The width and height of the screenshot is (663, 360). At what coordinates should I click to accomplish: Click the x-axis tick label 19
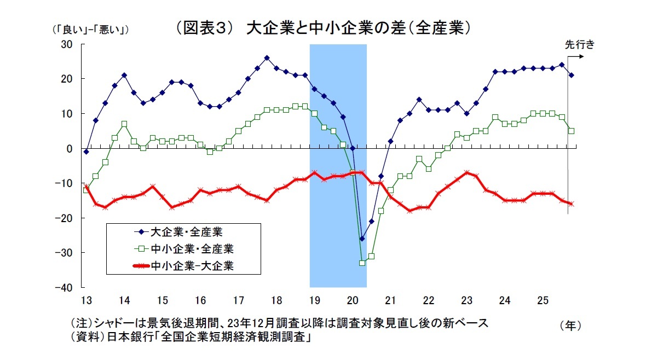tap(314, 300)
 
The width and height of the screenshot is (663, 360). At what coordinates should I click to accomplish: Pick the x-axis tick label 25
tap(543, 300)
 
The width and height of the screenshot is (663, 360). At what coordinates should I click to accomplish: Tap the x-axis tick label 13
tap(86, 300)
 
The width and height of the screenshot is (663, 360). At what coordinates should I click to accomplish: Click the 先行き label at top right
tap(579, 45)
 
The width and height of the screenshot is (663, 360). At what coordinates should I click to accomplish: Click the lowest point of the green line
tap(362, 263)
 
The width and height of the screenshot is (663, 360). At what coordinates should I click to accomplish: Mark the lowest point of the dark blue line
tap(362, 239)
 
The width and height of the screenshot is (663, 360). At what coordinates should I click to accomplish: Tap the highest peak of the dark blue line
tap(267, 57)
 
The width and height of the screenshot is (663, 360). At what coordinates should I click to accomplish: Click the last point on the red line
tap(571, 204)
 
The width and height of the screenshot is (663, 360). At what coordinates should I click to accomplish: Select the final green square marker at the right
tap(571, 131)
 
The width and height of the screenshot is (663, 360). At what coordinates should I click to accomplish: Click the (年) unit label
tap(570, 326)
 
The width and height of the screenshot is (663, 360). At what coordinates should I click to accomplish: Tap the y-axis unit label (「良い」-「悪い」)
tap(91, 29)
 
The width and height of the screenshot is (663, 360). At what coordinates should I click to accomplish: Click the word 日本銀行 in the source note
tap(133, 338)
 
